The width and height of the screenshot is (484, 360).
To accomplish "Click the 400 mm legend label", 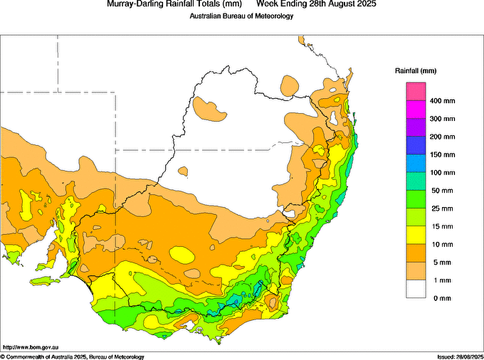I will pyautogui.click(x=442, y=101).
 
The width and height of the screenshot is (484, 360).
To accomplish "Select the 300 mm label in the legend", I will pyautogui.click(x=442, y=119).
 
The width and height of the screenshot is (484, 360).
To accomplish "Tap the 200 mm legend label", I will pyautogui.click(x=442, y=137).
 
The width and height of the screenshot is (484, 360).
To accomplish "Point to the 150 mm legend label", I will pyautogui.click(x=442, y=154).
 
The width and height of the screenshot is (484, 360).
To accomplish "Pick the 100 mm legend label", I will pyautogui.click(x=442, y=173).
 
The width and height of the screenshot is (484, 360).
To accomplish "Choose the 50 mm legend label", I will pyautogui.click(x=441, y=191).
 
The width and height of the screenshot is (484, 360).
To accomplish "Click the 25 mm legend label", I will pyautogui.click(x=441, y=208).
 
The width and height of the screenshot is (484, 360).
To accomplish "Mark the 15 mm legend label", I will pyautogui.click(x=441, y=226).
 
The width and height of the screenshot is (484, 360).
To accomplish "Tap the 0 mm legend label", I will pyautogui.click(x=438, y=298).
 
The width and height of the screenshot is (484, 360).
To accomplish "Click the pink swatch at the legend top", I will pyautogui.click(x=416, y=92).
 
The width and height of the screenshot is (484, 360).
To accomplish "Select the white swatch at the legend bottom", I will pyautogui.click(x=416, y=289).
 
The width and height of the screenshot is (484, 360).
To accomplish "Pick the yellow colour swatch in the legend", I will pyautogui.click(x=416, y=235).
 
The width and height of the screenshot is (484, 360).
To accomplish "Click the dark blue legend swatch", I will pyautogui.click(x=416, y=146).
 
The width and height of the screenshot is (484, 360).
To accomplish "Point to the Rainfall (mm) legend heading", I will pyautogui.click(x=416, y=71).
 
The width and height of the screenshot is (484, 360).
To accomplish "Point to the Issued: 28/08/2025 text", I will pyautogui.click(x=459, y=356).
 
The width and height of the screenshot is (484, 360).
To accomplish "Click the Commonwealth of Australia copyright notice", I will pyautogui.click(x=73, y=356).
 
